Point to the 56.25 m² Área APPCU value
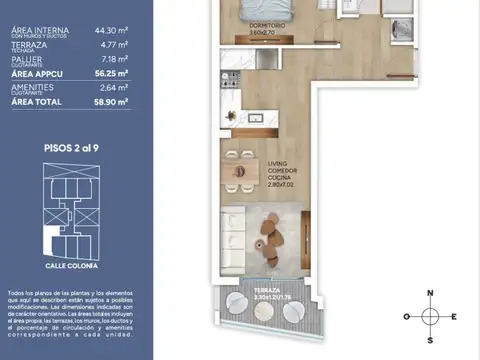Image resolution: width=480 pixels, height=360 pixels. (x=111, y=73)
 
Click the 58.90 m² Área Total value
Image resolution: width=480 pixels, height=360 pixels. (x=111, y=101)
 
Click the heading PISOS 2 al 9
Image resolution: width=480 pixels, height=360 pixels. (x=71, y=147)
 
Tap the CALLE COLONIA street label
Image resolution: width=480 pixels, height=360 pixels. (x=72, y=267)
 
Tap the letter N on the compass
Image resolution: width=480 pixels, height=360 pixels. (x=430, y=294)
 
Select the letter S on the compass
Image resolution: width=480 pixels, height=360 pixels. (x=430, y=339)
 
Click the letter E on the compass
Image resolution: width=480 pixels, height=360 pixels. (x=454, y=317)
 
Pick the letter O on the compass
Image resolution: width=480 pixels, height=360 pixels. (x=407, y=317)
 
